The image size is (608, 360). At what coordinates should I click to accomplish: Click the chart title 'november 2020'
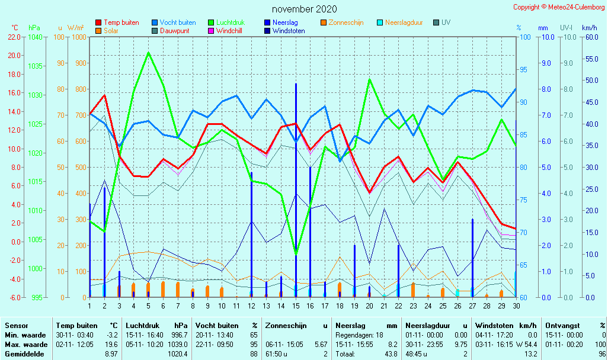304,9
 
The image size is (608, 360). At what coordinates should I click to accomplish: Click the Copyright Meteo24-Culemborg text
559,7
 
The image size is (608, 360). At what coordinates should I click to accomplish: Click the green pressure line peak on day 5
148,53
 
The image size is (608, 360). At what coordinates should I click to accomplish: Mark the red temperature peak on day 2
104,95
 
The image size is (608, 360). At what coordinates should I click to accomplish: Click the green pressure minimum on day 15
296,254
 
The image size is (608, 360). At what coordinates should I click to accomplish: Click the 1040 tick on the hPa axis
36,37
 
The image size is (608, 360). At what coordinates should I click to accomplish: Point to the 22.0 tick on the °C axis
14,37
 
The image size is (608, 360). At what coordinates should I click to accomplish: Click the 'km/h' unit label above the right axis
589,28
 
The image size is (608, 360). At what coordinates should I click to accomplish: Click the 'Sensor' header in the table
16,325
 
